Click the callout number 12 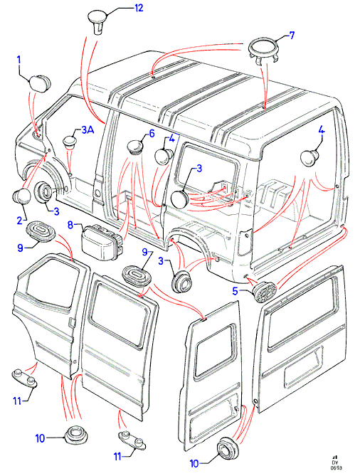click(139, 9)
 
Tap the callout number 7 click(292, 36)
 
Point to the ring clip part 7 click(263, 52)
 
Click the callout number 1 click(18, 60)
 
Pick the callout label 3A click(88, 130)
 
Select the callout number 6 click(152, 134)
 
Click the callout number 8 click(70, 225)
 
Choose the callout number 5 click(235, 291)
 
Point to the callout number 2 click(20, 221)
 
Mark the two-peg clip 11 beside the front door click(25, 378)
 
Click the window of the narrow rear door click(215, 351)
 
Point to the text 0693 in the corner click(336, 467)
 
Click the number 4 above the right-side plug click(322, 131)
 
